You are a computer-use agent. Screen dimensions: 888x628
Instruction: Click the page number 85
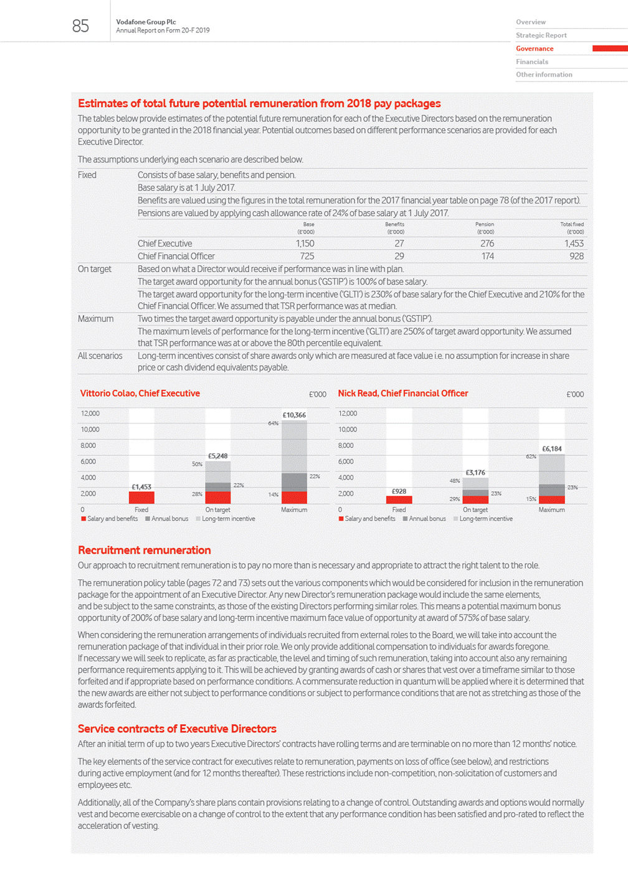coord(80,26)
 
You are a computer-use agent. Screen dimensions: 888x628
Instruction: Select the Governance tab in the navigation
coord(534,49)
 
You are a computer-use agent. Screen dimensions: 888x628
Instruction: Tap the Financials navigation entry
coord(531,62)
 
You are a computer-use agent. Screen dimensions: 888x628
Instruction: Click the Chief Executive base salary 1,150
coord(305,243)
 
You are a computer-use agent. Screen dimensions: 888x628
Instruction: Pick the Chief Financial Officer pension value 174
coord(487,256)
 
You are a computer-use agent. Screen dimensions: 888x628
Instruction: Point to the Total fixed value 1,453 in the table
coord(574,243)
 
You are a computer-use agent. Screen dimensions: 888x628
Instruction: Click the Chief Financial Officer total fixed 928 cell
coord(576,256)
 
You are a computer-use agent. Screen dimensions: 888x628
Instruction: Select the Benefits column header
coord(394,225)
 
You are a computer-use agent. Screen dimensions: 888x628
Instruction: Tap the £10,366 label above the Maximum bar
coord(294,415)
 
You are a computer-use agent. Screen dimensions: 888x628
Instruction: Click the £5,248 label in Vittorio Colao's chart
coord(217,456)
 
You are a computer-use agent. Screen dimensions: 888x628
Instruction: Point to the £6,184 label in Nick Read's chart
coord(551,448)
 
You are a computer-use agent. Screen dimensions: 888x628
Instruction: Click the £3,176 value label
coord(475,473)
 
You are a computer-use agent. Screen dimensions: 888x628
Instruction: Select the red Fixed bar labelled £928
coord(399,499)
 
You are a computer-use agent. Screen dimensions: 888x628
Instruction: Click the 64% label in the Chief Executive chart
coord(273,423)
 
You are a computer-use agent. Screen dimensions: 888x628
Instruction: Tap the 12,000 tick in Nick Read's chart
coord(348,413)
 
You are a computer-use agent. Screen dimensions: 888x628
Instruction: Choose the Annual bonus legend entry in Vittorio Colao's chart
coord(166,519)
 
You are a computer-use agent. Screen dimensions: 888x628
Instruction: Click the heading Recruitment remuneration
coord(144,550)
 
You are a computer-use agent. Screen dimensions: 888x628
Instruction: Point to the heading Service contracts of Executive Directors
coord(177,729)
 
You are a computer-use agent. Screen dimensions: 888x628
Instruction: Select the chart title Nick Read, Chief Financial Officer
coord(402,394)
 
